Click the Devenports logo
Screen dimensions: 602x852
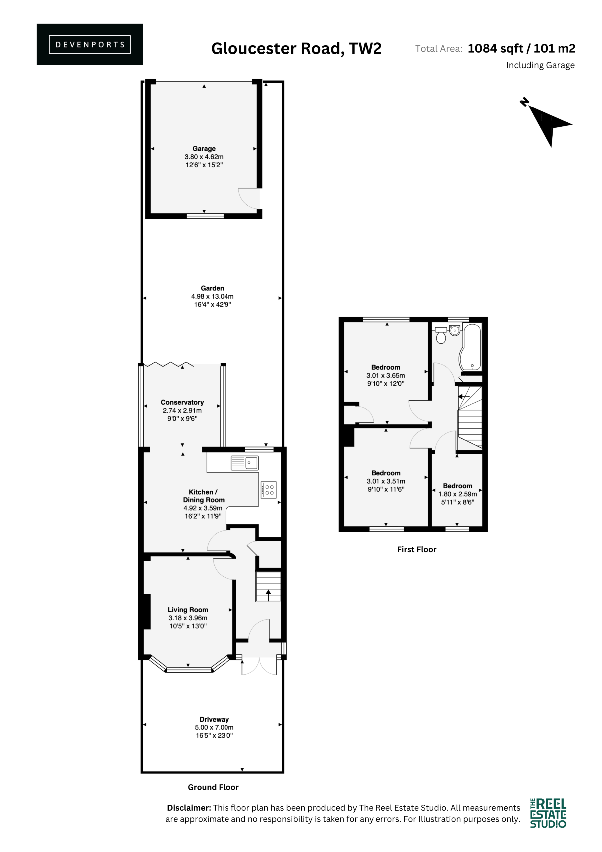pos(89,44)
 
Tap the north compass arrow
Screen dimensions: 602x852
pos(548,123)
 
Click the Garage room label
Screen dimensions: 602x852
pos(204,148)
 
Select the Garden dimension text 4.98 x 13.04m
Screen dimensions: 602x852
pos(212,296)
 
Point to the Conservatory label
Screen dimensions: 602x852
pos(182,402)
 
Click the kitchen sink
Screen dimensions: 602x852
pos(244,463)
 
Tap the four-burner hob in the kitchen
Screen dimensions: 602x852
pos(268,490)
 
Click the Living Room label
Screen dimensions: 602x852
pos(188,610)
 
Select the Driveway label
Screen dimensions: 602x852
pos(214,719)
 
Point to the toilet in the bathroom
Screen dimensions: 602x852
pos(441,336)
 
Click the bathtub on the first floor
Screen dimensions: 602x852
pos(470,347)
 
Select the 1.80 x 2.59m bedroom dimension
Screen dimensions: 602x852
pos(457,494)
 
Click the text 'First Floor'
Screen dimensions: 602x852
pos(416,549)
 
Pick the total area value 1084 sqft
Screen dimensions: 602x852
pos(495,48)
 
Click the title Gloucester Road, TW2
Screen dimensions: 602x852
pos(296,49)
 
